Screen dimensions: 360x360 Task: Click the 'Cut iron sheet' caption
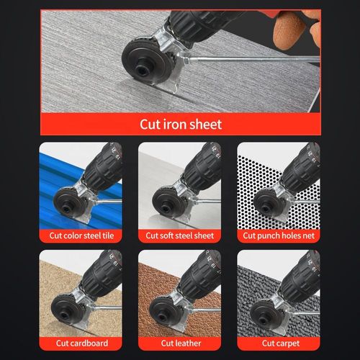(180, 124)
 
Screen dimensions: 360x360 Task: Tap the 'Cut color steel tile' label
(81, 235)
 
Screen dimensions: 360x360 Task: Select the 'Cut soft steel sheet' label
(180, 235)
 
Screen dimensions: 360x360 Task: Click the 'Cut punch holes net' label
(279, 235)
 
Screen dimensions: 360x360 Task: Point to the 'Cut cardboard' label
(81, 343)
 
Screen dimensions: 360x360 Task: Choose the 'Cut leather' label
(180, 343)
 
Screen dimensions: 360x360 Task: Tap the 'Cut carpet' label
(279, 343)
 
